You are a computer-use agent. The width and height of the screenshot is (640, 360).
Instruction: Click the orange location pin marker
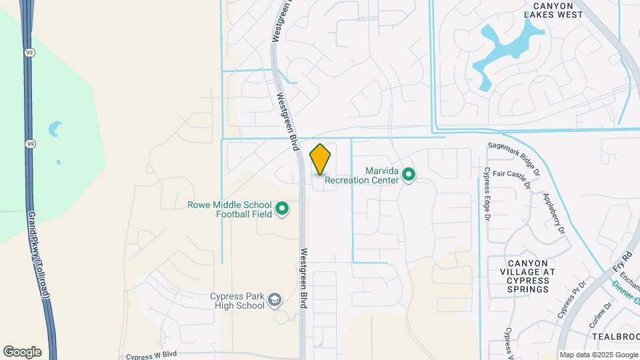(x=321, y=159)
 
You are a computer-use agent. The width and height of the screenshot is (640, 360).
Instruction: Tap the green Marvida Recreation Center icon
(x=409, y=176)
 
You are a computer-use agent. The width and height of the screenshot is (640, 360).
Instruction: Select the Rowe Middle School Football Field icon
(x=282, y=209)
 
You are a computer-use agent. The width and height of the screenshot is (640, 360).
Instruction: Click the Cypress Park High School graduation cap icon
(x=274, y=301)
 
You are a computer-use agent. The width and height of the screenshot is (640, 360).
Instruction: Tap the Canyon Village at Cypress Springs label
(x=527, y=276)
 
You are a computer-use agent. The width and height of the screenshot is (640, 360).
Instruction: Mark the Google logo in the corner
(x=22, y=351)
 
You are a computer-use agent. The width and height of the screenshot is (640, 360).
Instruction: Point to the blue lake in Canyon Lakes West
(x=507, y=47)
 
